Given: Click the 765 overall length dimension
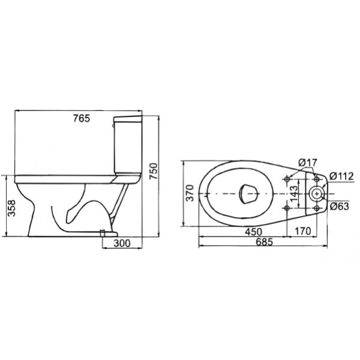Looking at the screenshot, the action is [82, 118].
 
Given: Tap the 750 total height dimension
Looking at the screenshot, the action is [154, 171].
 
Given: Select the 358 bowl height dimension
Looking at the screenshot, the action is [11, 208].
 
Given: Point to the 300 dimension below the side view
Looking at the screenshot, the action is [122, 243].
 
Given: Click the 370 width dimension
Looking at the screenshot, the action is [190, 193].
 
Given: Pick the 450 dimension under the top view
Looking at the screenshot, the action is [253, 232].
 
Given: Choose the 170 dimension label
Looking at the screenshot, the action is [302, 231].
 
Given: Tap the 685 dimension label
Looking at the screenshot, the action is [265, 242].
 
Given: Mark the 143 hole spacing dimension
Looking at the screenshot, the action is [293, 194].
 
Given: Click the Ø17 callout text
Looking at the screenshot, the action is [308, 163].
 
